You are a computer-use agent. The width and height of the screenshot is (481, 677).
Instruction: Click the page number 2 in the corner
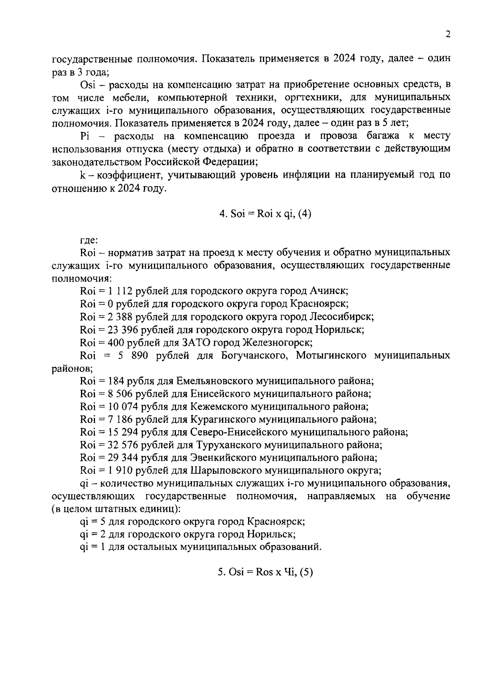click(448, 34)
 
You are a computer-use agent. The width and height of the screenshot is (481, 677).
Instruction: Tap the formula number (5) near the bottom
click(306, 572)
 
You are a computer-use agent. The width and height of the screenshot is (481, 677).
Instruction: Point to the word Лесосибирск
click(342, 317)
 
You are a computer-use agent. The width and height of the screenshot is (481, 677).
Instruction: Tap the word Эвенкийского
click(224, 458)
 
